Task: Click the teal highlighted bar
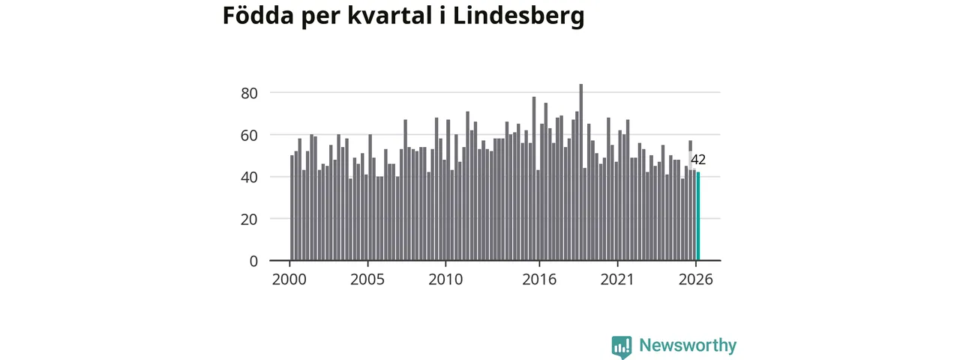point(698,217)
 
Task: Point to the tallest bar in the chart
point(581,172)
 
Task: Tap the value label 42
point(698,160)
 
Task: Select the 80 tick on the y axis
point(249,93)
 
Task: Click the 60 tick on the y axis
point(249,136)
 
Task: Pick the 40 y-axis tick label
point(249,177)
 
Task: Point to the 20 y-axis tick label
point(249,220)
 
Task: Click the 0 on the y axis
point(253,261)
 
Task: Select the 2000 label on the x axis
point(289,280)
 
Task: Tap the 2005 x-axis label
point(367,280)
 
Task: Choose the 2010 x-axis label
point(445,280)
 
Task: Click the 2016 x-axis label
point(539,280)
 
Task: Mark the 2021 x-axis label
point(617,280)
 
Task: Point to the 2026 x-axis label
point(695,280)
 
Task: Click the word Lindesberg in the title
point(518,16)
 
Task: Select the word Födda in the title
point(259,16)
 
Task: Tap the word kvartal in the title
point(389,16)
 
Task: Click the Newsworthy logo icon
point(622,347)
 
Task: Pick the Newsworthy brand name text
point(688,345)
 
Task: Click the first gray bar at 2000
point(292,208)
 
